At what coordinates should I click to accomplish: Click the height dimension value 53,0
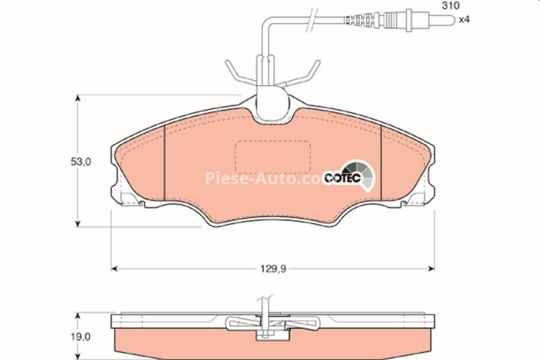coord(81,163)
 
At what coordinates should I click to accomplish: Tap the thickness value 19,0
coord(81,336)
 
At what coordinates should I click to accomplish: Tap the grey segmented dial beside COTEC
coord(365,176)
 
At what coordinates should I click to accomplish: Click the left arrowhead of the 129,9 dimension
coord(114,269)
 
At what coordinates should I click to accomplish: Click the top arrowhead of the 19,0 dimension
coord(77,315)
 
